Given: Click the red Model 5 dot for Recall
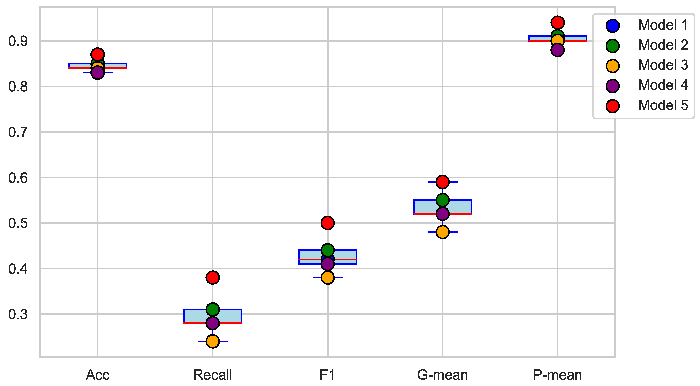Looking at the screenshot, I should click(x=213, y=278).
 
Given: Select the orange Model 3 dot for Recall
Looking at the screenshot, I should click(x=213, y=341).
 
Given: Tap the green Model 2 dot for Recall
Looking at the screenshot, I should click(x=213, y=309).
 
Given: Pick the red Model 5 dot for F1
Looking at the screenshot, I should click(x=328, y=223).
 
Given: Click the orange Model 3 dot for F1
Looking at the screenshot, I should click(x=328, y=278).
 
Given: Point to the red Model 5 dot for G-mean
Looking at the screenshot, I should click(x=442, y=182).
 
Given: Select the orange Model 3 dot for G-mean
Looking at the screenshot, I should click(x=442, y=232).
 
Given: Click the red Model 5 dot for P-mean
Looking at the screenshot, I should click(x=558, y=22).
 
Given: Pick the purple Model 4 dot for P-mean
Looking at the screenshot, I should click(x=558, y=50).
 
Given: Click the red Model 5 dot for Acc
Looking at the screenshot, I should click(x=98, y=54).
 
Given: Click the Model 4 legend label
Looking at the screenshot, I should click(x=663, y=85).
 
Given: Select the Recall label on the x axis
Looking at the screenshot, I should click(x=213, y=375).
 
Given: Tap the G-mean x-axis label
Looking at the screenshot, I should click(x=442, y=375).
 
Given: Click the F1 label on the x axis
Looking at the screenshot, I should click(x=328, y=375).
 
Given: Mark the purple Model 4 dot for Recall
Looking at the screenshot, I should click(x=213, y=323).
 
